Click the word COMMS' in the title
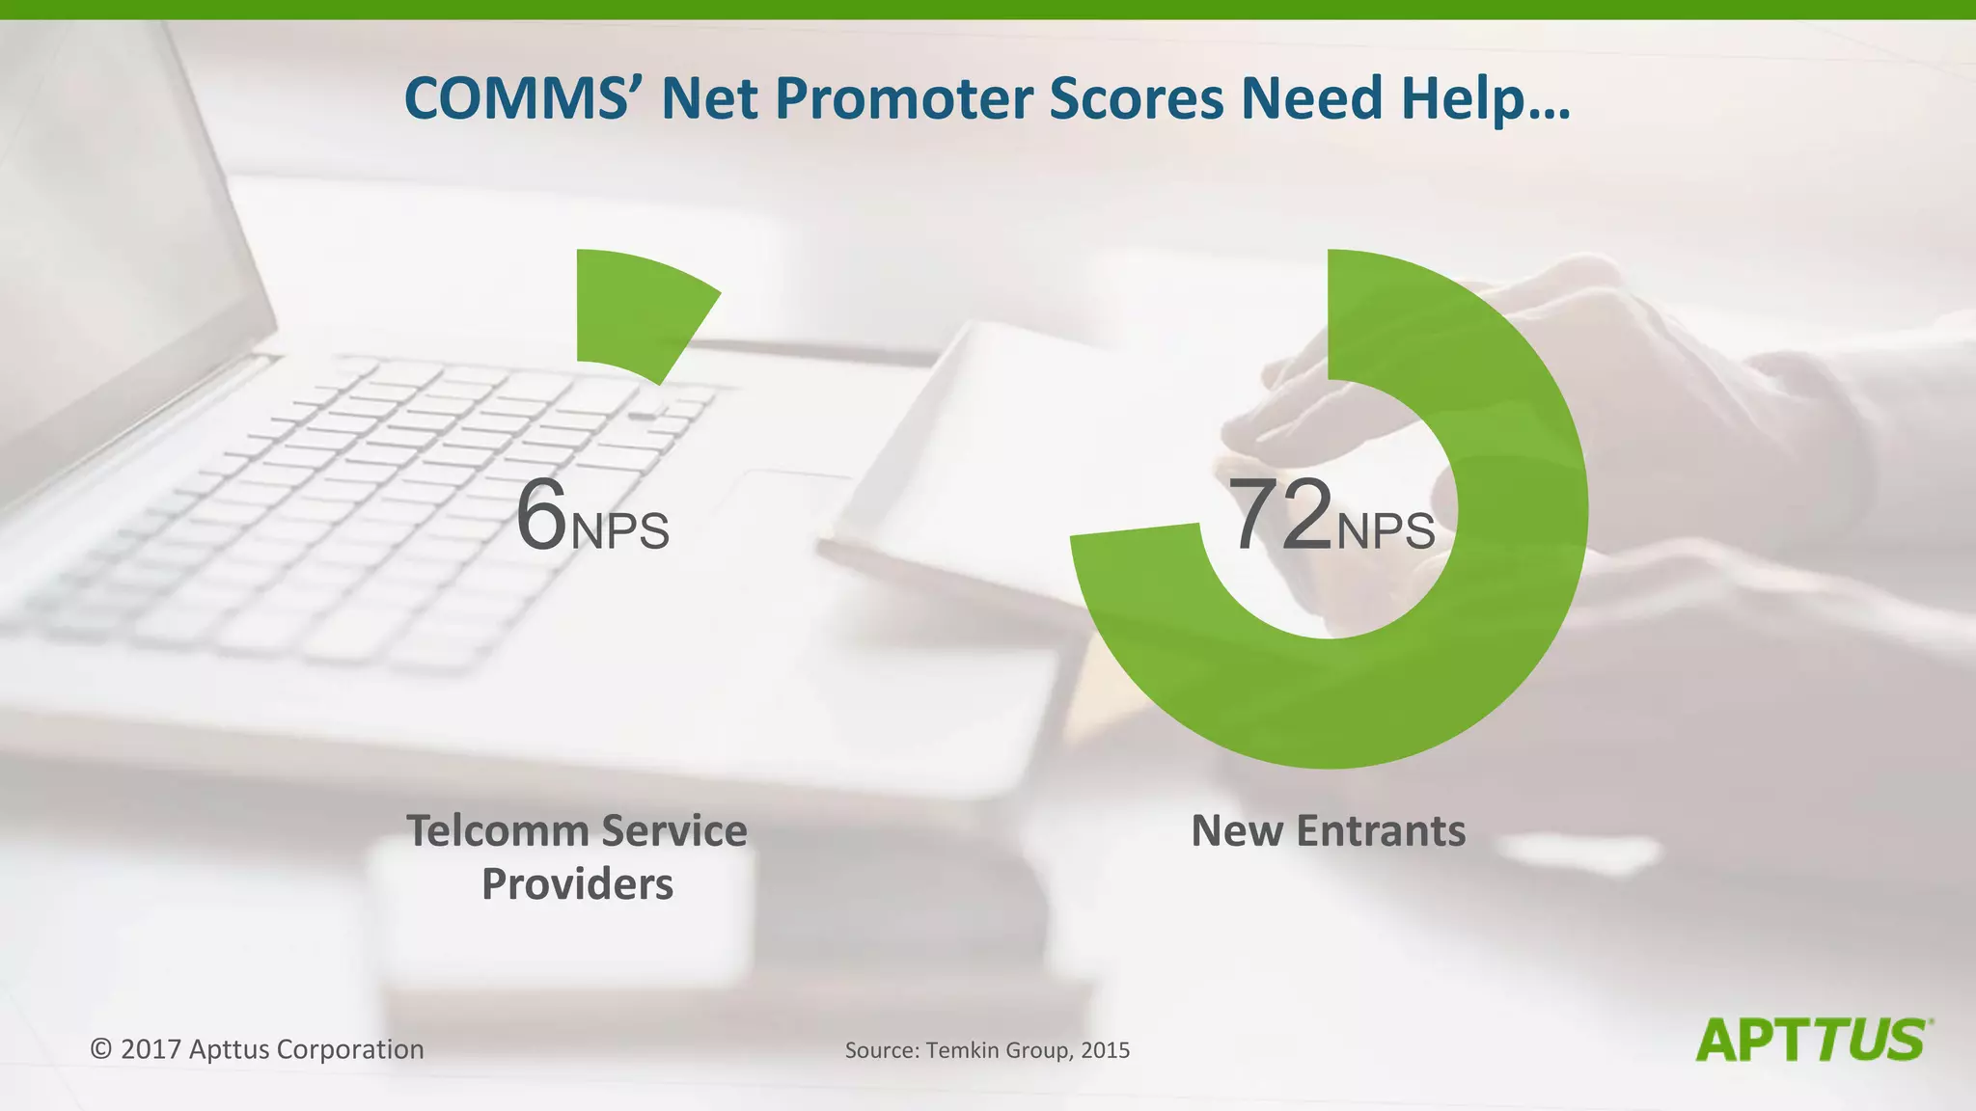click(x=517, y=98)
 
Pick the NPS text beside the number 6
click(x=620, y=531)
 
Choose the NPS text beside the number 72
click(x=1386, y=531)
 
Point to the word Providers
click(x=577, y=884)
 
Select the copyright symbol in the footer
click(x=101, y=1049)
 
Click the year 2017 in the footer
click(x=151, y=1049)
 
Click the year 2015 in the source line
click(x=1105, y=1050)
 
